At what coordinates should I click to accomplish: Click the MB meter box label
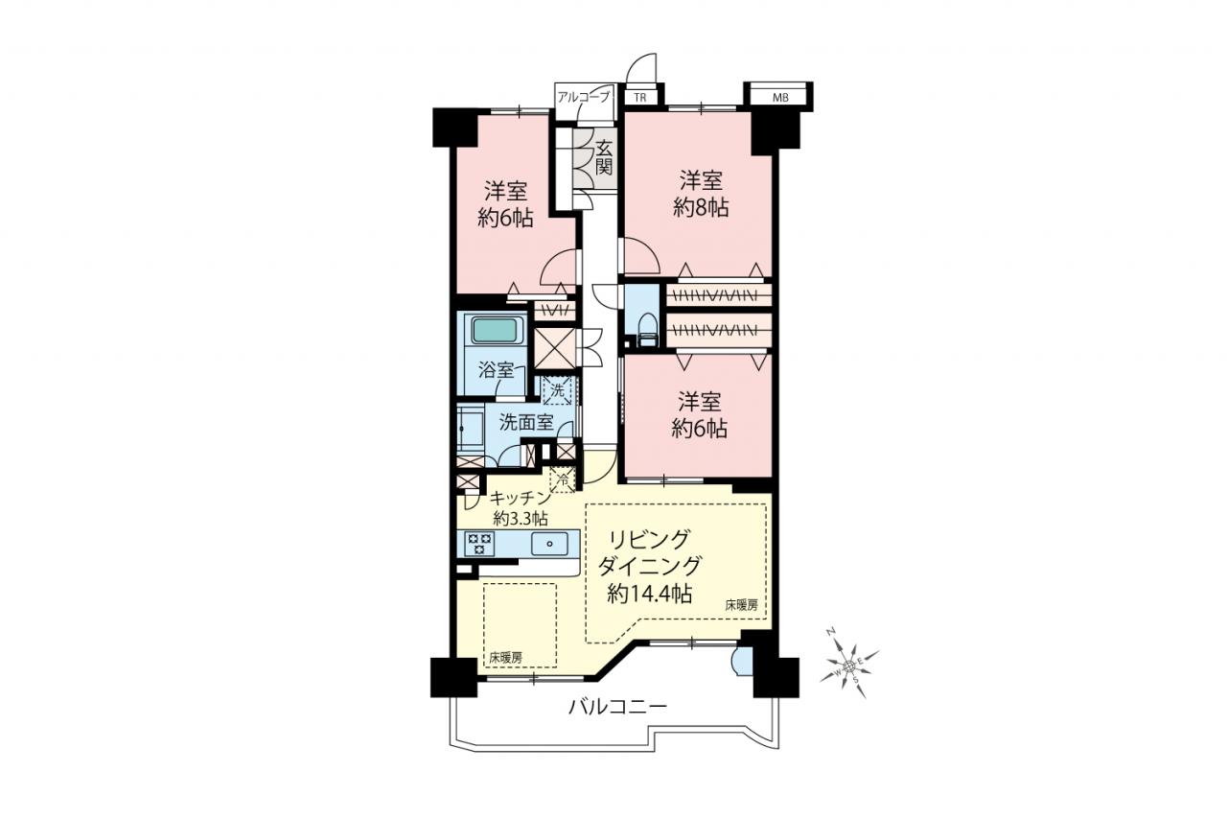pos(780,98)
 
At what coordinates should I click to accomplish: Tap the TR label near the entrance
pos(639,98)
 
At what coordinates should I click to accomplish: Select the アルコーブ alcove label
pos(584,98)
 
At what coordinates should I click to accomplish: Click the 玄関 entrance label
pos(604,157)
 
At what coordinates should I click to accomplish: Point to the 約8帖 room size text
pos(701,208)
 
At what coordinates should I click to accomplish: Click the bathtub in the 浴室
pos(495,331)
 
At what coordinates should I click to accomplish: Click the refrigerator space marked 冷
pos(563,479)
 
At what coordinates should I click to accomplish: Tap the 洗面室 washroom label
pos(526,422)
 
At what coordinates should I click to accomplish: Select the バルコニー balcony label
pos(617,707)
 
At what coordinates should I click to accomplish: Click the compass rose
pos(849,666)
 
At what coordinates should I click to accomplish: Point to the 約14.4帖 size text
pos(650,594)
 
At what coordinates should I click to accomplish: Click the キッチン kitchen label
pos(520,498)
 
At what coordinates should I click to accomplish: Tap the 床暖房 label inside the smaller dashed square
pos(505,658)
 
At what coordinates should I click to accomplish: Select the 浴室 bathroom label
pos(497,370)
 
